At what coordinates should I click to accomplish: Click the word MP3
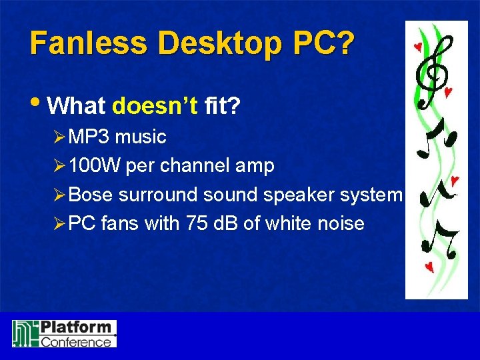point(89,137)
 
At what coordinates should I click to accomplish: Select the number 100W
point(95,166)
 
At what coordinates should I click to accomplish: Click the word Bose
point(91,195)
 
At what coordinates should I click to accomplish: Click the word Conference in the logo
point(76,341)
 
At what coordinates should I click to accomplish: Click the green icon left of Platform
point(25,333)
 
